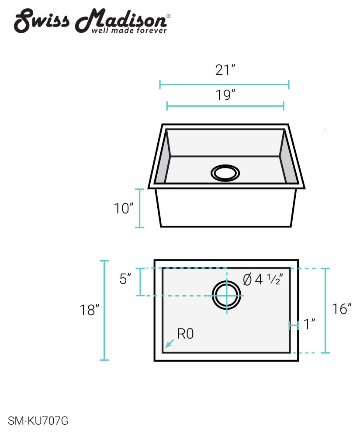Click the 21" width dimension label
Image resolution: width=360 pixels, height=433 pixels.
(225, 70)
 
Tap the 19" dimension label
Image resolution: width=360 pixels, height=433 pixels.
(225, 95)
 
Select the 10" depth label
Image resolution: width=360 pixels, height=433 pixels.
(124, 208)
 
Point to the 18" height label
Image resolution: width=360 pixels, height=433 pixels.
(90, 310)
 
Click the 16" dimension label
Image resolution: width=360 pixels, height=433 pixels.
(342, 309)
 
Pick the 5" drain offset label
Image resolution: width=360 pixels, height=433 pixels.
(125, 279)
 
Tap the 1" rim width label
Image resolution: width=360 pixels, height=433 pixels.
(309, 324)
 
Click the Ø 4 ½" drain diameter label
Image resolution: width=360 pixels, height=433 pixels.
(263, 279)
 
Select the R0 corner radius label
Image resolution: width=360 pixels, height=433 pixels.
(185, 334)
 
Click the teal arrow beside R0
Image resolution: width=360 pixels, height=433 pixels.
(170, 343)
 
